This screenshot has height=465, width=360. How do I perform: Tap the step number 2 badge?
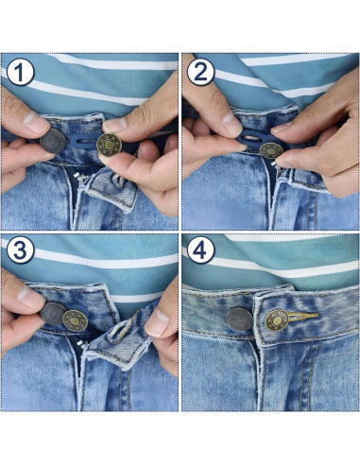pyautogui.click(x=199, y=73)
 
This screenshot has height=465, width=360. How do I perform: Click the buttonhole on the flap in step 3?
pyautogui.click(x=121, y=330)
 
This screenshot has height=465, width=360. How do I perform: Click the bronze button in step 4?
pyautogui.click(x=277, y=320)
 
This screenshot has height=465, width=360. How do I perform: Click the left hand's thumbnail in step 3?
pyautogui.click(x=28, y=298)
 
